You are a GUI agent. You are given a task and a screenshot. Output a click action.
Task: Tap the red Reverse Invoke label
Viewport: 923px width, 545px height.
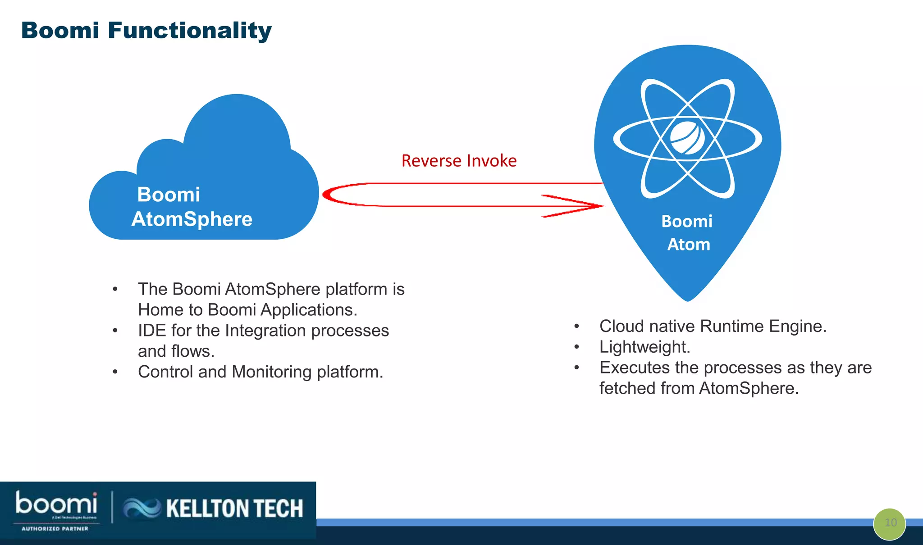[459, 161]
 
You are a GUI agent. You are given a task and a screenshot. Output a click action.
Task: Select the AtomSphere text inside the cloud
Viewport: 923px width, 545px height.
[192, 219]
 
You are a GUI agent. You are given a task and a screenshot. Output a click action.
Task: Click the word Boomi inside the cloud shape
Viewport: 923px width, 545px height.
[169, 195]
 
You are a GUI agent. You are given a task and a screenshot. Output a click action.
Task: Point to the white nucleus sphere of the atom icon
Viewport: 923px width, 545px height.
[687, 138]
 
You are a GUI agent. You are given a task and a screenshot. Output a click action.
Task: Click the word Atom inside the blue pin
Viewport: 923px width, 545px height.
[688, 244]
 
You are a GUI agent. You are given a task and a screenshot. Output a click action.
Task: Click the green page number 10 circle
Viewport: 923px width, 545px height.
[889, 523]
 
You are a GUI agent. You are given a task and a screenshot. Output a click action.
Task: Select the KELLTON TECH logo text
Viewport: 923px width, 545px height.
[234, 509]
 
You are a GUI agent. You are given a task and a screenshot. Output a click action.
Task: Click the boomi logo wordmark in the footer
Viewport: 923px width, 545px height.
[56, 504]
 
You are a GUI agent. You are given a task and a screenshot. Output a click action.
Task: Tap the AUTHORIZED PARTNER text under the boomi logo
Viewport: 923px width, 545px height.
[55, 529]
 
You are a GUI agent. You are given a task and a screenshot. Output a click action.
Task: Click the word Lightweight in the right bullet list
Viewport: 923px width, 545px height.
[644, 347]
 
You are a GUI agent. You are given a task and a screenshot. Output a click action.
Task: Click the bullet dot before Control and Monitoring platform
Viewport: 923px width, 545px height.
[115, 372]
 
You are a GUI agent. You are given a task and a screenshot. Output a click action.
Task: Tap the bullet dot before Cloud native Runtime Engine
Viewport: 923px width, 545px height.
[576, 326]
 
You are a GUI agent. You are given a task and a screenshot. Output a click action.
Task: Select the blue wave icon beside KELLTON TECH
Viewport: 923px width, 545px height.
[142, 508]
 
